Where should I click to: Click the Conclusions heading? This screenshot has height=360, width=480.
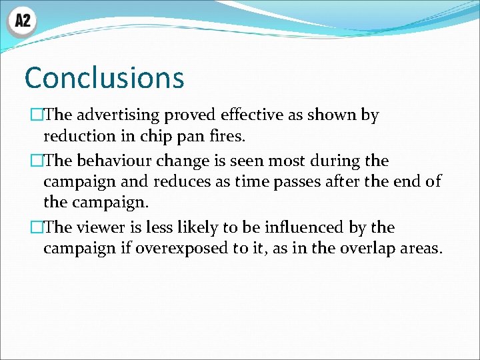[104, 78]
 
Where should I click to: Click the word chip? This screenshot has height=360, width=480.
[151, 137]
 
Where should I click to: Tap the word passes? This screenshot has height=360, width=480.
[278, 182]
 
